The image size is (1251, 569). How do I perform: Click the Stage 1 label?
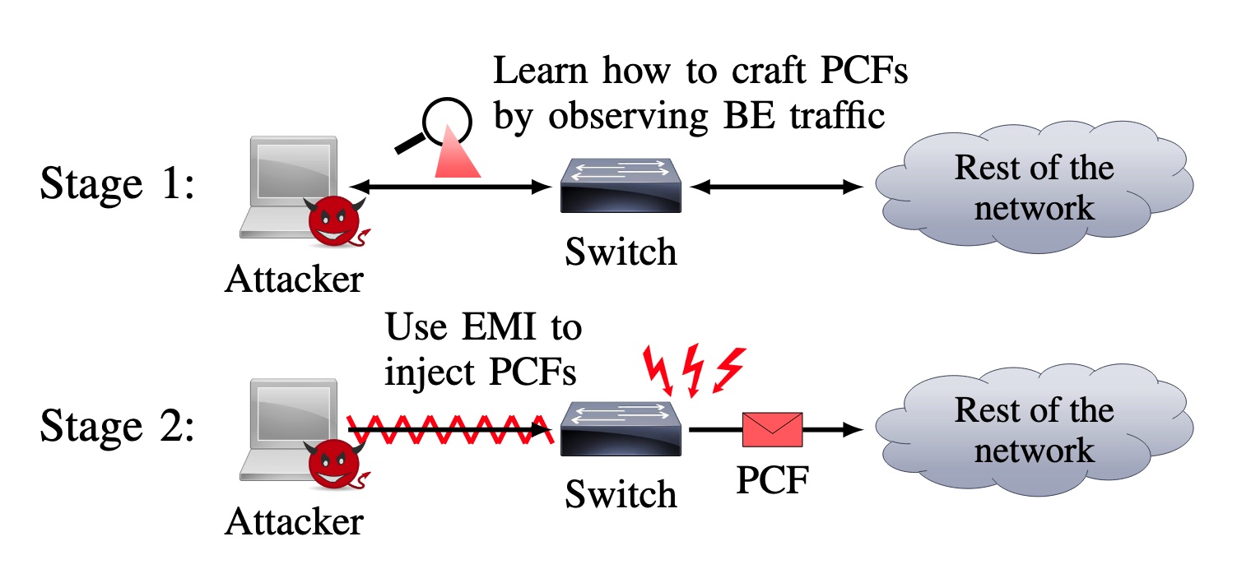(117, 186)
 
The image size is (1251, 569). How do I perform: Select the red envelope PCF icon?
(772, 429)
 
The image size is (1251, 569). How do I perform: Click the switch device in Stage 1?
(621, 187)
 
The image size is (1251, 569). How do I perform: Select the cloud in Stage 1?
(1032, 188)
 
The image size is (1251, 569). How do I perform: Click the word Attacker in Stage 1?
(294, 280)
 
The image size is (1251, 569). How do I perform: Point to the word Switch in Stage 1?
(621, 251)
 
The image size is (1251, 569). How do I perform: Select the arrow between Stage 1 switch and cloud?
(777, 187)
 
